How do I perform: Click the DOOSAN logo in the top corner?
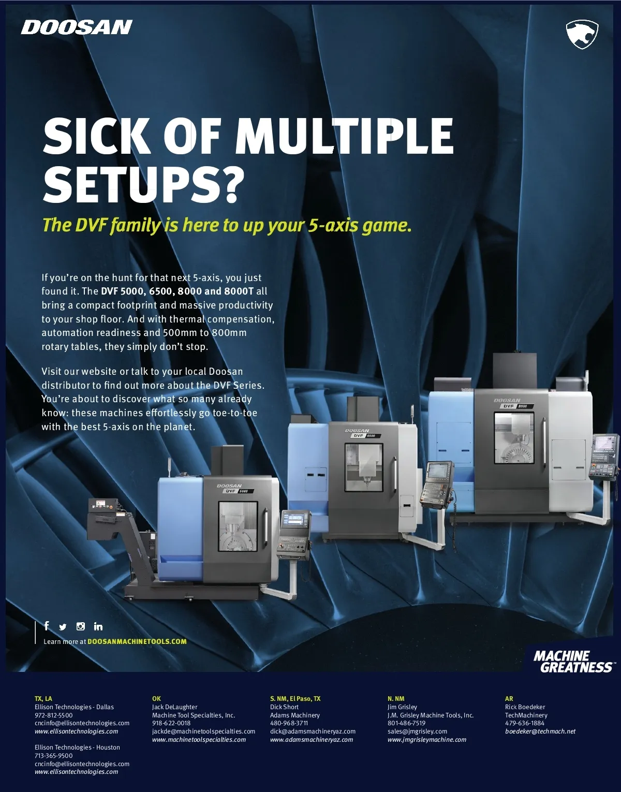click(77, 27)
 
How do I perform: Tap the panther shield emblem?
click(582, 34)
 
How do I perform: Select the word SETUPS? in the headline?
click(143, 184)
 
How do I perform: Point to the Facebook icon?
click(46, 626)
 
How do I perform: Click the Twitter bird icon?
click(63, 627)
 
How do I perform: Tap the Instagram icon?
click(81, 626)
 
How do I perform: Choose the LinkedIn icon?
click(98, 626)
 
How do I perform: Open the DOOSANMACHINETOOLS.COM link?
click(137, 641)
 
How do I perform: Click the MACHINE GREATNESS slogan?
click(573, 661)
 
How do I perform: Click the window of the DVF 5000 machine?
click(238, 526)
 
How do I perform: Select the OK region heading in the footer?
click(156, 698)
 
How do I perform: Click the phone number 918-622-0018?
click(171, 723)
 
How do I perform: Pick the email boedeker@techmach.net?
click(540, 731)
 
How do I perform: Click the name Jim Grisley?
click(402, 707)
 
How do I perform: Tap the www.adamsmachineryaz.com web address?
click(312, 740)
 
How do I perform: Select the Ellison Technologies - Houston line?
click(77, 747)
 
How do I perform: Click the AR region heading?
click(509, 698)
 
